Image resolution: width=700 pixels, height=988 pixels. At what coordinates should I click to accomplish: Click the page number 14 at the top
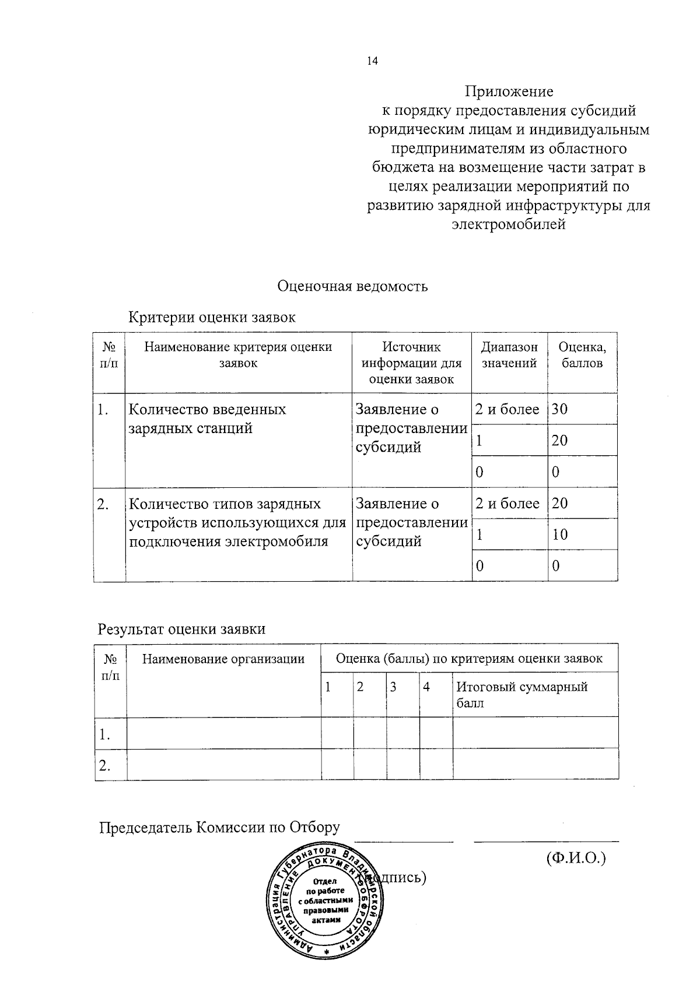coord(372,61)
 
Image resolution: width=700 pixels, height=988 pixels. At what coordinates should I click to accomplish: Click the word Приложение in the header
coord(509,92)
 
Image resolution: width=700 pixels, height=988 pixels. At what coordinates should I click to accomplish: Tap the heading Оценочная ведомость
coord(352,286)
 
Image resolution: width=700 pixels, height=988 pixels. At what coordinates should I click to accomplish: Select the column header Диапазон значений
coord(509,355)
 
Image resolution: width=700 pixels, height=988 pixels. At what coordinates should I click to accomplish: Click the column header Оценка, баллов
coord(582,355)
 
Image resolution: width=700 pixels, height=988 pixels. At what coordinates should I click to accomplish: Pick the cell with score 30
coord(560,409)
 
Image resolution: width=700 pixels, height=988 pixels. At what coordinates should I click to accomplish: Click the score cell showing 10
coord(560,535)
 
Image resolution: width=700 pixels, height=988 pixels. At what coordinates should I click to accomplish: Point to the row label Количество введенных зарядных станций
coord(207,419)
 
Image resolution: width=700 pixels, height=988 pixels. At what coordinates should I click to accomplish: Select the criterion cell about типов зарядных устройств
coord(237,522)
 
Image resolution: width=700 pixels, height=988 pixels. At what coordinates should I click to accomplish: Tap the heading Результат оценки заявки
coord(181,629)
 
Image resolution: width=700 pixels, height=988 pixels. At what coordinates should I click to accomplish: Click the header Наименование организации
coord(223,659)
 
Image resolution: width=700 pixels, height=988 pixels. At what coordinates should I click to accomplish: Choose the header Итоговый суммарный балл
coord(522,695)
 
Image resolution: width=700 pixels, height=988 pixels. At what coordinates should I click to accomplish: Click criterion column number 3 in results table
coord(394,687)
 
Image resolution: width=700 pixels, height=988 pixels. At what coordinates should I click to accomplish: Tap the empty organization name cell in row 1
coord(223,733)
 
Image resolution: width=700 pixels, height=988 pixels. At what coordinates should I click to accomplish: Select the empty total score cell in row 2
coord(535,765)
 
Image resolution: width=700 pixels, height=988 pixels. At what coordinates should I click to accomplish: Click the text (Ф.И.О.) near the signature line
coord(576,859)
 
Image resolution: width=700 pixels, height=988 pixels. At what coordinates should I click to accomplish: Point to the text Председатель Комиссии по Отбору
coord(219,828)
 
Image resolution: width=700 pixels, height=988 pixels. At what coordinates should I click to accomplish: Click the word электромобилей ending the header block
coord(509,224)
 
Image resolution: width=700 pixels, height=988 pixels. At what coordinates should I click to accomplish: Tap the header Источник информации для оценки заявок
coord(411,363)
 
